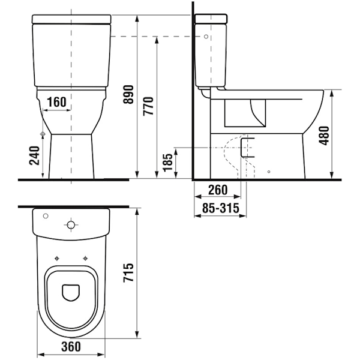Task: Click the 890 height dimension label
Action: click(x=128, y=94)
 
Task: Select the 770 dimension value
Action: click(x=148, y=106)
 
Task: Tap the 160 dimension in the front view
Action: click(x=57, y=102)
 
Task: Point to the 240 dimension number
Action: click(x=34, y=155)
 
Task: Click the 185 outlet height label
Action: click(x=167, y=163)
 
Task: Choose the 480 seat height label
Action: click(x=325, y=136)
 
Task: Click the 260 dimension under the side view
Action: click(x=218, y=190)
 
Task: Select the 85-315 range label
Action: click(x=221, y=208)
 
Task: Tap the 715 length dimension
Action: click(x=128, y=272)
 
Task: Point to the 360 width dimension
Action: click(x=71, y=346)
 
